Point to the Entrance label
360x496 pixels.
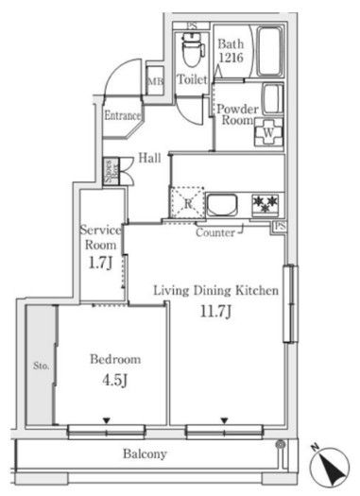pyautogui.click(x=123, y=116)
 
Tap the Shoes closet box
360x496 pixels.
pyautogui.click(x=110, y=170)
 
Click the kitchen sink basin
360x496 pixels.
pyautogui.click(x=223, y=204)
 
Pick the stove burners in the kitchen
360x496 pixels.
pyautogui.click(x=265, y=202)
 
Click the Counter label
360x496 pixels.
pyautogui.click(x=215, y=231)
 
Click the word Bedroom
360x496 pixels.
pyautogui.click(x=115, y=360)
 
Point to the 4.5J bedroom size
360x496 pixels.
pyautogui.click(x=115, y=380)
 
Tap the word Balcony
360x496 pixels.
pyautogui.click(x=146, y=453)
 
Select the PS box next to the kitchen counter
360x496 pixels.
pyautogui.click(x=280, y=227)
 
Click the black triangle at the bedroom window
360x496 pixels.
pyautogui.click(x=107, y=420)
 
